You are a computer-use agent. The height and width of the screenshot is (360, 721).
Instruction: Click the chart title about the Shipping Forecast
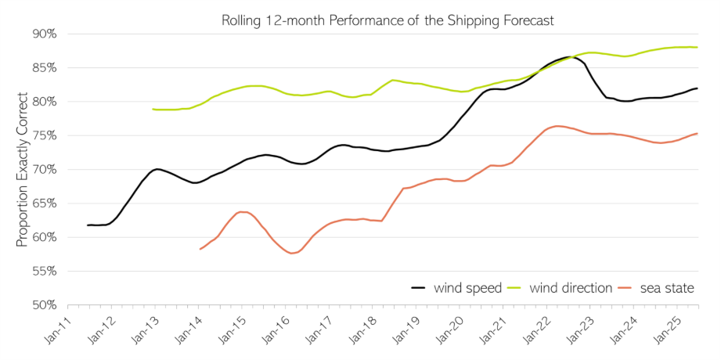(x=388, y=20)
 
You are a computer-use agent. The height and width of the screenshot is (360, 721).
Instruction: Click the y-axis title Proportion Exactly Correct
(x=22, y=170)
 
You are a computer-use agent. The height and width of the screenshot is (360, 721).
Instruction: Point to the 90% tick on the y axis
(x=45, y=34)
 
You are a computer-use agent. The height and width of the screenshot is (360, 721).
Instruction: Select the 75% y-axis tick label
(x=45, y=135)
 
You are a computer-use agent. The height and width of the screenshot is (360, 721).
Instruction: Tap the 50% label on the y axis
(x=45, y=304)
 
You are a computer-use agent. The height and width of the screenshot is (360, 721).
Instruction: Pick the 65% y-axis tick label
(x=45, y=203)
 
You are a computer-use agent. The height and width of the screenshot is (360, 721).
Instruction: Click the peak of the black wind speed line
(x=569, y=57)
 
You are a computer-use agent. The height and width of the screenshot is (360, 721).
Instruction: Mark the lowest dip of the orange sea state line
(x=291, y=254)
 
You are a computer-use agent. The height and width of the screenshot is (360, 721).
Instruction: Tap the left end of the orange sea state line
(x=200, y=249)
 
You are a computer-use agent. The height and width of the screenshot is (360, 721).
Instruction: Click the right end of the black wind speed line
(x=697, y=88)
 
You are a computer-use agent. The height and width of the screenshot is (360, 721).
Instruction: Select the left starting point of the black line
(x=88, y=225)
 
